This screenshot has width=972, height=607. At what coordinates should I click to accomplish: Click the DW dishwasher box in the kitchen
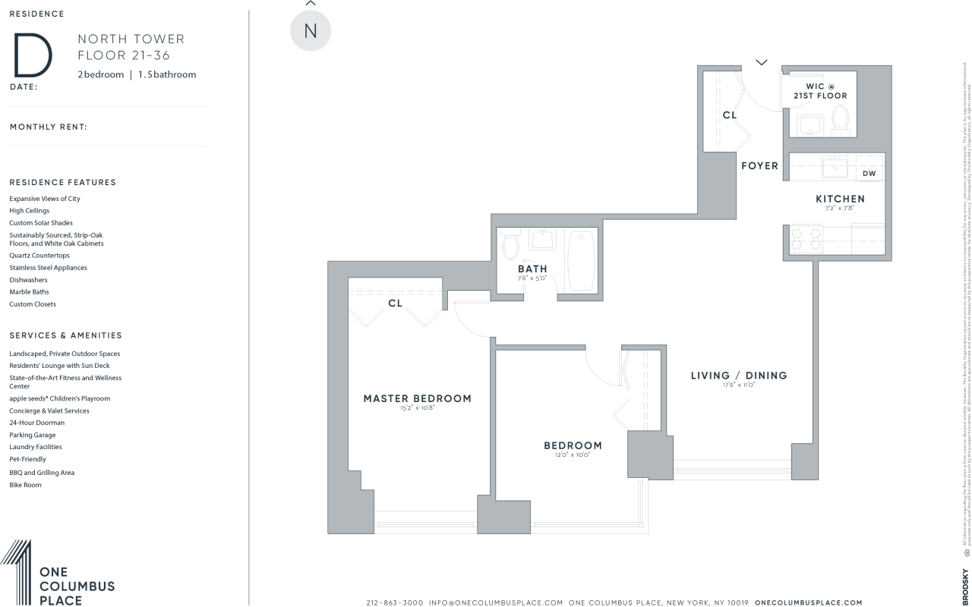point(869,174)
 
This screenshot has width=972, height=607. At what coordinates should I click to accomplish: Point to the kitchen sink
point(835,166)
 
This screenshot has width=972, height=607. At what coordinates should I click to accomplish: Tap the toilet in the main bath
point(511,244)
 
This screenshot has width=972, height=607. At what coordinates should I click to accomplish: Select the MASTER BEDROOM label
point(417,398)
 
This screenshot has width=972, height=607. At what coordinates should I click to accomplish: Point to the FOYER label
point(759,165)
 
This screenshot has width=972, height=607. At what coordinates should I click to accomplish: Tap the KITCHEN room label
point(840,199)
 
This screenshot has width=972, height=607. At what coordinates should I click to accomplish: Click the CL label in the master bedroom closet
point(395,303)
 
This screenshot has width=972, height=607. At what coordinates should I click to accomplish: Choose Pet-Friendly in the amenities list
point(27,459)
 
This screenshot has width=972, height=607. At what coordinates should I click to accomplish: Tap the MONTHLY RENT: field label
point(48,127)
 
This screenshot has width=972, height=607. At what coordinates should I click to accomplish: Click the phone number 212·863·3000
point(394,602)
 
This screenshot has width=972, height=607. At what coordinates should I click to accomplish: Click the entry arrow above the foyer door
point(762,62)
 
